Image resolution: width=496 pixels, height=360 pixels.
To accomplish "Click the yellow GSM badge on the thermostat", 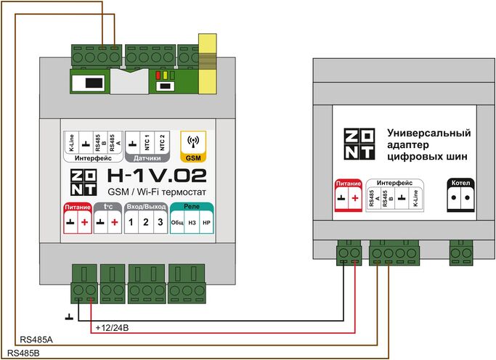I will (x=194, y=147).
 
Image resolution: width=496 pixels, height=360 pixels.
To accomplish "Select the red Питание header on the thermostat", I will (x=78, y=208).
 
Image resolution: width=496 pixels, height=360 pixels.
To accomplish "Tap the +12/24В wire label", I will (x=112, y=328).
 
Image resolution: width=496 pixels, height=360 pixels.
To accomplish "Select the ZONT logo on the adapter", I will (x=360, y=144).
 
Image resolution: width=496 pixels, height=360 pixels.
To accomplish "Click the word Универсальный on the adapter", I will (x=428, y=134).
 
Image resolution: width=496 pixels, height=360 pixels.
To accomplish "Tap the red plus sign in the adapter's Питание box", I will (x=354, y=199).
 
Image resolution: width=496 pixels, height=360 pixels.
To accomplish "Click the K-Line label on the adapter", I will (x=415, y=199).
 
